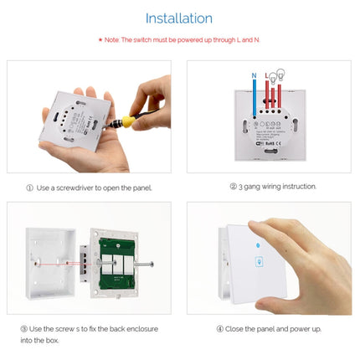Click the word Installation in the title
(179, 18)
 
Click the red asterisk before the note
(101, 39)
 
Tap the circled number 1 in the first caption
(29, 188)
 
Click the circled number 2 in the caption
(233, 187)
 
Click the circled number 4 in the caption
(219, 328)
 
